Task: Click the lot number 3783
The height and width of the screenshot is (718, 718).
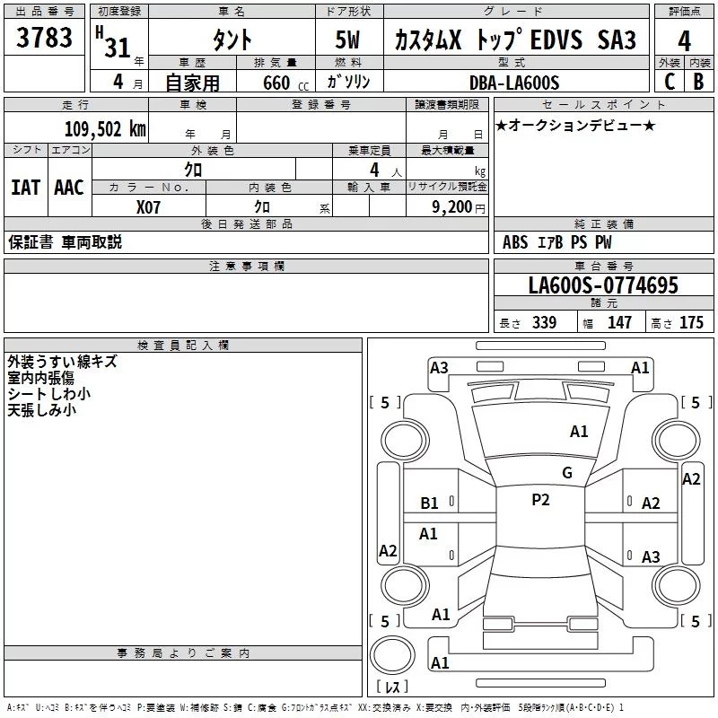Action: [45, 39]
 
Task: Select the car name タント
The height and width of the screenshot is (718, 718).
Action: [232, 40]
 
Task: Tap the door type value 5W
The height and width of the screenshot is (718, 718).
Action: [349, 39]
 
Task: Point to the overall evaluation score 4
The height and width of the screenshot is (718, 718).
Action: [685, 41]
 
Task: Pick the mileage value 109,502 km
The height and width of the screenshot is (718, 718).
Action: [104, 128]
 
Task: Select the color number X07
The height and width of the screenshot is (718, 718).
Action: [149, 206]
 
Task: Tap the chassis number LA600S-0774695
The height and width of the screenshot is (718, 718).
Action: [603, 285]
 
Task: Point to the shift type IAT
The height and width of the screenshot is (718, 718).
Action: [25, 188]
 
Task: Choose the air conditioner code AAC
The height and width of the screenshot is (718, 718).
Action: [69, 188]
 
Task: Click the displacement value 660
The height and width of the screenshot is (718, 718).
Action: [276, 83]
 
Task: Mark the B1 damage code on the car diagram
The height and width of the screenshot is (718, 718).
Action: [430, 503]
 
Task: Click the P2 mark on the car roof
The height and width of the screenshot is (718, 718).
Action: [540, 500]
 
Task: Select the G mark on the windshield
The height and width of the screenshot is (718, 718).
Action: [566, 473]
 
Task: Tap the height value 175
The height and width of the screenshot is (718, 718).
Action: [691, 323]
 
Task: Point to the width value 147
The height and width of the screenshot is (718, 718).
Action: [619, 323]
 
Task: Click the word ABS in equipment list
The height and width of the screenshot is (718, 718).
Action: [515, 242]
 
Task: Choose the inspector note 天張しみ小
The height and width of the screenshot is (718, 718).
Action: [41, 410]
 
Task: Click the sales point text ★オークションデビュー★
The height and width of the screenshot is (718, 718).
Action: [575, 125]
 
